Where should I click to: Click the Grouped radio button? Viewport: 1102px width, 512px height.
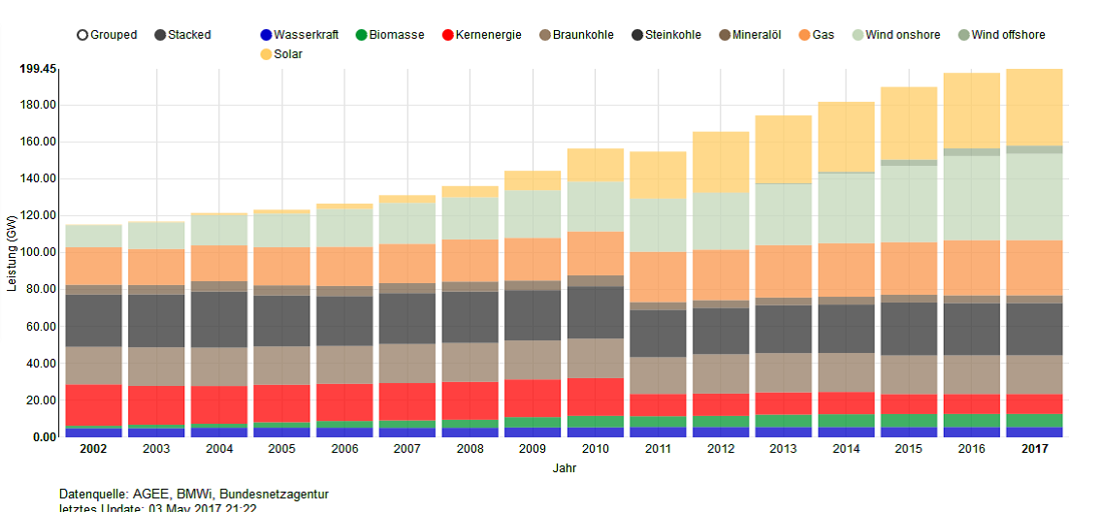click(83, 35)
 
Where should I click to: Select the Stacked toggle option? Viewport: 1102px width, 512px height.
click(161, 35)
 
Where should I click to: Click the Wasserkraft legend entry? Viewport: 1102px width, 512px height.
click(268, 35)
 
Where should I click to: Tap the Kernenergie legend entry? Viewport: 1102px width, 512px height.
click(447, 35)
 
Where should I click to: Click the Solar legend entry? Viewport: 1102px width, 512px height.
click(268, 54)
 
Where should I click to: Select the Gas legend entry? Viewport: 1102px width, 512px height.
click(806, 35)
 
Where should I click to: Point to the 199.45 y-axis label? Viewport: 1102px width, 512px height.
click(38, 69)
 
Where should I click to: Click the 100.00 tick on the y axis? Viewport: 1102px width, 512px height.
click(38, 252)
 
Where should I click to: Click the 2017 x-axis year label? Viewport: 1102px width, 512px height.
click(1034, 449)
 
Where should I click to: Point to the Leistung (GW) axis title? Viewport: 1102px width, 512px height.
click(12, 252)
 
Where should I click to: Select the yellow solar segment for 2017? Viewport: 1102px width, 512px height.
click(1034, 107)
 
